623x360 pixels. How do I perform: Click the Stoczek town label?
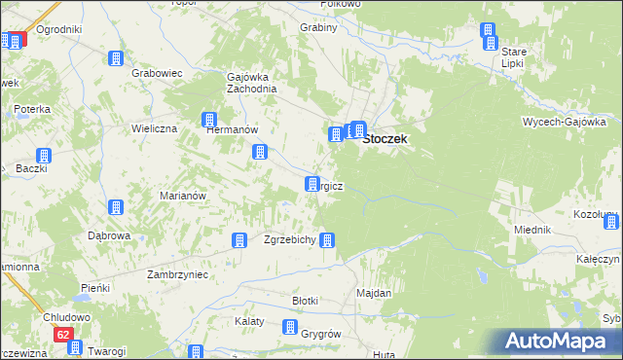(385, 139)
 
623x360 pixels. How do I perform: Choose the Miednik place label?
(532, 229)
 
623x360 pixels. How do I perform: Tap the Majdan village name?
(374, 293)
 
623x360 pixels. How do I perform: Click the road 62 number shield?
(63, 335)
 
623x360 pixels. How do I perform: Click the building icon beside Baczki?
(44, 156)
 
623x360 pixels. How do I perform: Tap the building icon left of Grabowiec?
(116, 59)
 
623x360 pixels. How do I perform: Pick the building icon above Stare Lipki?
(489, 34)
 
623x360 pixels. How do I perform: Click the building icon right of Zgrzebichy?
(329, 239)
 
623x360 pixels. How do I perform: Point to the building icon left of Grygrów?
(289, 328)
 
